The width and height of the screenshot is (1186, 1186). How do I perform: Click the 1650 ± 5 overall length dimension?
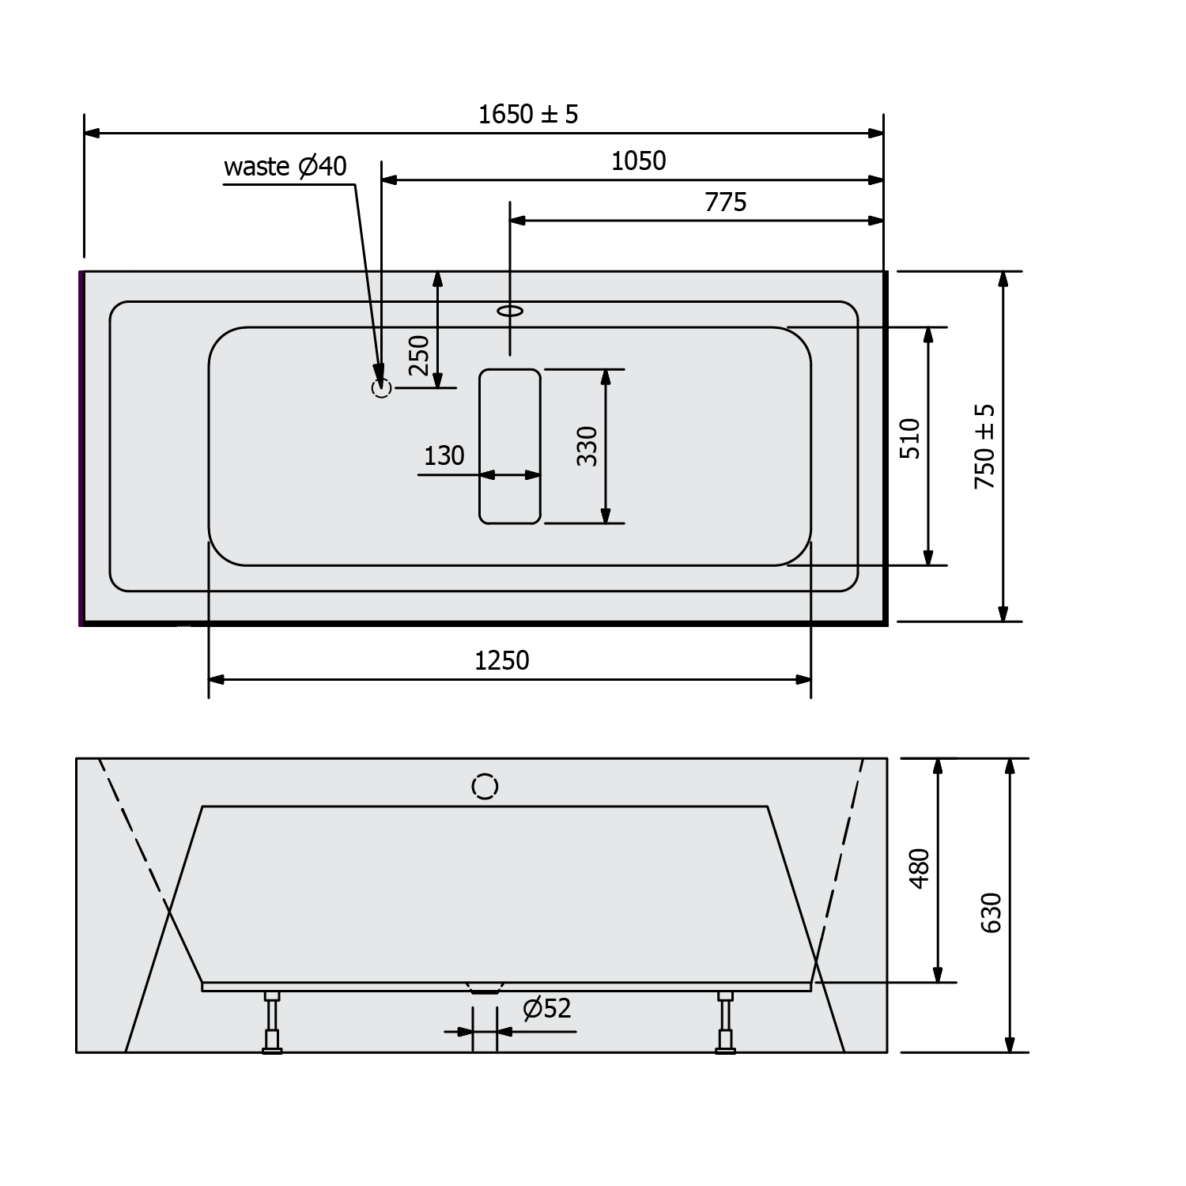[x=528, y=115]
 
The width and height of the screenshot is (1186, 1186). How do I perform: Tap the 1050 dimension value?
[x=639, y=161]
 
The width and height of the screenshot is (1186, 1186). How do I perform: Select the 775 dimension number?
[x=726, y=202]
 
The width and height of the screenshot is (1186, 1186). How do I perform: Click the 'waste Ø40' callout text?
[x=285, y=167]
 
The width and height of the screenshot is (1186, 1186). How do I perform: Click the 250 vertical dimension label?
[x=419, y=356]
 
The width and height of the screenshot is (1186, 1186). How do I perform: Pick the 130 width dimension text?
[x=444, y=456]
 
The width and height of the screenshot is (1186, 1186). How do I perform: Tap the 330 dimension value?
[x=587, y=446]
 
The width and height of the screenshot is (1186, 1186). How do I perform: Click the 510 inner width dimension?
[x=910, y=439]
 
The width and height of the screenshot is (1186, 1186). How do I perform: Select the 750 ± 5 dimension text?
[x=985, y=447]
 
